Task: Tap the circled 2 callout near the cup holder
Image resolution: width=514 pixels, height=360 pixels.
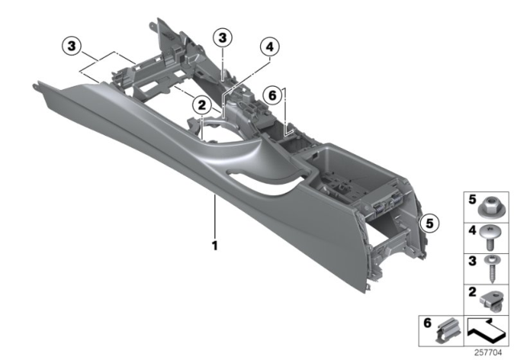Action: point(202,102)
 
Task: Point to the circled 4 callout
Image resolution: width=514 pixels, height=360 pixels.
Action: point(270,48)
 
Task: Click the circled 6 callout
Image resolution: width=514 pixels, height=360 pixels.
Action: point(274,95)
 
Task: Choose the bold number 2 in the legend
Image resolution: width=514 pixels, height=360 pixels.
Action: point(471,292)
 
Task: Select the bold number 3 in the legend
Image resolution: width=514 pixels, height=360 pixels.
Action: point(471,261)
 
